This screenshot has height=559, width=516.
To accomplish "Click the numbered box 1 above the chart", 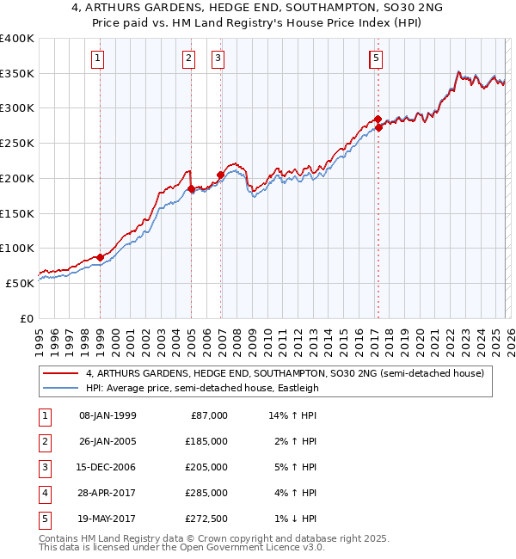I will click(x=99, y=58).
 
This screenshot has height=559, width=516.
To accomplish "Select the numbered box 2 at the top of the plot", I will click(x=187, y=58).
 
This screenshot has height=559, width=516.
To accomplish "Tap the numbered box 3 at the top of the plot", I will click(x=218, y=58).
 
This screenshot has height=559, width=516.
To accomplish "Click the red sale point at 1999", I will click(x=100, y=257).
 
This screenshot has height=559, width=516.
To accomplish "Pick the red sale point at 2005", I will click(x=191, y=188).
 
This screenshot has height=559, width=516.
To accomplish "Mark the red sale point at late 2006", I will click(x=220, y=175).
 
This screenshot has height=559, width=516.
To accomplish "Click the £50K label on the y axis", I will click(x=20, y=283).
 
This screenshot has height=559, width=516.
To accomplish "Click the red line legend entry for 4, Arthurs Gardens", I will click(x=285, y=373).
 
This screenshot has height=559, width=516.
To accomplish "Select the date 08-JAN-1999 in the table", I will click(x=107, y=415).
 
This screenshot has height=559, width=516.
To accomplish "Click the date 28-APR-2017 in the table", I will click(x=107, y=493).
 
